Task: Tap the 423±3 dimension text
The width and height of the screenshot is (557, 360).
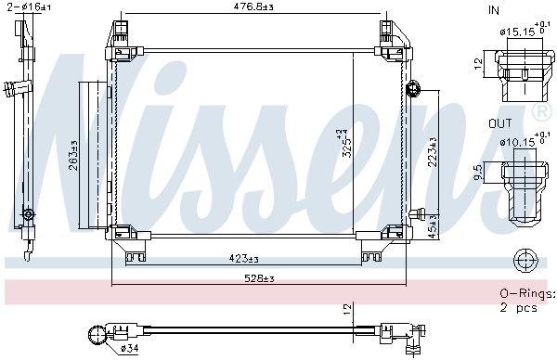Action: pos(244,259)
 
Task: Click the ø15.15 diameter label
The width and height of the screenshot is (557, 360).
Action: pos(518,32)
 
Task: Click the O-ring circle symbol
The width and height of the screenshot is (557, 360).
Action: pos(525,259)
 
